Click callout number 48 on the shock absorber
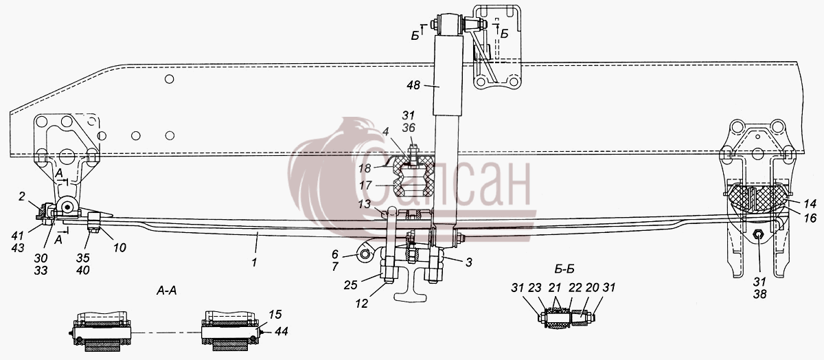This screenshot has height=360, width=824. click(413, 85)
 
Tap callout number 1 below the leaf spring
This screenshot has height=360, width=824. click(254, 262)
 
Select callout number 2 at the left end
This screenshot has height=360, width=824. click(22, 196)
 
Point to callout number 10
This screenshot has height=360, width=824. click(119, 248)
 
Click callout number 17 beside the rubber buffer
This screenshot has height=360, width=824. click(365, 185)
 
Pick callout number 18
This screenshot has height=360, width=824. click(365, 168)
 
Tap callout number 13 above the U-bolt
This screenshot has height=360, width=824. click(364, 204)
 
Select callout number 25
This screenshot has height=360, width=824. click(351, 285)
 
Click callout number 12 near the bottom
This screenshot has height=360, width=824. click(362, 303)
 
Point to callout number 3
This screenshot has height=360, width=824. click(468, 262)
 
